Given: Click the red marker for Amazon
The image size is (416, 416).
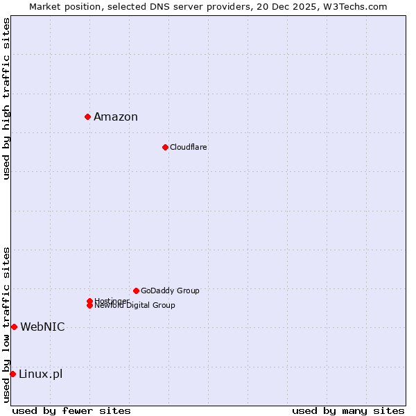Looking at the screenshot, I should click(88, 116).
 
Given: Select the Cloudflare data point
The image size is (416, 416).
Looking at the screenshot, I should click(165, 147).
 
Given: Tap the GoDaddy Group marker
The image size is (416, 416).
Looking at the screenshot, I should click(136, 291).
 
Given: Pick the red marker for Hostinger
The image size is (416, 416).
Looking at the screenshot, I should click(89, 301).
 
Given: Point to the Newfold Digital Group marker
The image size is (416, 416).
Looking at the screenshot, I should click(89, 306).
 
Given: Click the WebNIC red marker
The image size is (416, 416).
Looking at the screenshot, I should click(14, 327).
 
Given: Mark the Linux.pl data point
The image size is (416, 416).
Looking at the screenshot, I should click(12, 374).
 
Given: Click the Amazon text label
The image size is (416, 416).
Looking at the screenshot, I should click(116, 116).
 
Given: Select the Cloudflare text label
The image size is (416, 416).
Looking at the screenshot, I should click(189, 147).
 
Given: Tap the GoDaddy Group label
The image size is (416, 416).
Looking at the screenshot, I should click(170, 291).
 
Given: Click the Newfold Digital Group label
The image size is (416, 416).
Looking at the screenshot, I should click(135, 306).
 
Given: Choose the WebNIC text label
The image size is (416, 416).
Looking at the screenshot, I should click(42, 327).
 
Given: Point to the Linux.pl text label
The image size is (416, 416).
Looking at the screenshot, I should click(40, 374).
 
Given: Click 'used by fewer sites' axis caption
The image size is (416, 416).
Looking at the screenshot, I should click(71, 410).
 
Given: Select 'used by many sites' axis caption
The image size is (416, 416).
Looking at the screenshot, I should click(348, 410).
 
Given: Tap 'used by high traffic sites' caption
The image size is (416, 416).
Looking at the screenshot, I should click(6, 98).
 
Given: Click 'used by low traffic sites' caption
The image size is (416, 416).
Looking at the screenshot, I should click(6, 324).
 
